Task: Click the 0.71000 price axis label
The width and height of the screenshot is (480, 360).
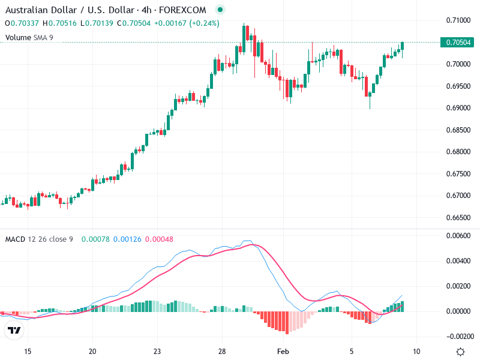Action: tap(458, 20)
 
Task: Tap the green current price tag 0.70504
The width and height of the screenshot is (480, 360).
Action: tap(458, 42)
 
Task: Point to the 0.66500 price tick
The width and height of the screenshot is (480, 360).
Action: tap(458, 217)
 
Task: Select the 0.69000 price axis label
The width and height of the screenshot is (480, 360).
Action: tap(458, 108)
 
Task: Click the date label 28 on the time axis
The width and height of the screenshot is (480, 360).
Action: tap(222, 351)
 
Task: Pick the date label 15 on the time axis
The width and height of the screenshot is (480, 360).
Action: tap(28, 351)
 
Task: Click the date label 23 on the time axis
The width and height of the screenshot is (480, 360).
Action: tap(157, 351)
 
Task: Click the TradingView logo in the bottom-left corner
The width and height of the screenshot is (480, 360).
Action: tap(14, 331)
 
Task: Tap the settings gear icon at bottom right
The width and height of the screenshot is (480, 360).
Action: tap(460, 352)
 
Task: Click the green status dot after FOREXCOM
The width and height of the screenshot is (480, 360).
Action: tap(220, 10)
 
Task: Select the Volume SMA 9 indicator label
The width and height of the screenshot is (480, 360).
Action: tap(29, 37)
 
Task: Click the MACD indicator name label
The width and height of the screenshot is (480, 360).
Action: tap(14, 239)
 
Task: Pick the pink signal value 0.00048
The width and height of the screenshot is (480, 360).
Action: tap(159, 239)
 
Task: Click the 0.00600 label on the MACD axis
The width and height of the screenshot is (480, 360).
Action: tap(458, 235)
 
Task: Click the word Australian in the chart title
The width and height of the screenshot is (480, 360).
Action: tap(24, 10)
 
